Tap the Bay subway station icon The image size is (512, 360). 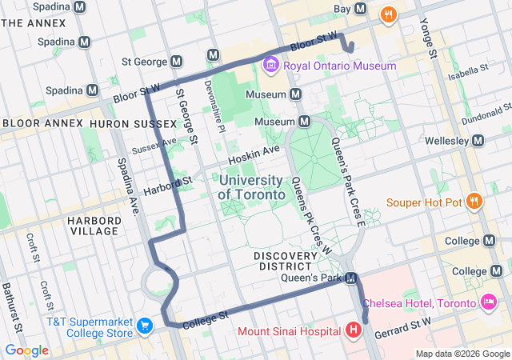361,9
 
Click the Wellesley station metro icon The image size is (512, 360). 478,141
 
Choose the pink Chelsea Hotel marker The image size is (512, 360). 487,302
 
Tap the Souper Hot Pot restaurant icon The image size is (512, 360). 474,202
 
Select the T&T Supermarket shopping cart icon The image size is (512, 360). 145,326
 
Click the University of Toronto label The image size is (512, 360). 251,187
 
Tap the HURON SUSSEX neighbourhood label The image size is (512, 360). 123,124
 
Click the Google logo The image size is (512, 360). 26,350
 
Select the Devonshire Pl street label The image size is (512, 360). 210,101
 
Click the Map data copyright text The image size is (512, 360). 462,354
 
